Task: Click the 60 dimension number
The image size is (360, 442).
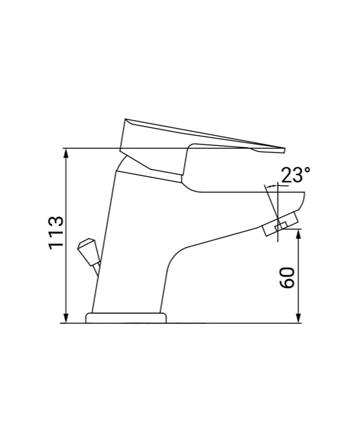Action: [287, 278]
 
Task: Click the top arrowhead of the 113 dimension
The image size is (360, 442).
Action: [66, 152]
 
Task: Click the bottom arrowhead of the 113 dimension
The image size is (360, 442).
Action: [66, 319]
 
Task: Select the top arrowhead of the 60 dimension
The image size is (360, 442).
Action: [299, 233]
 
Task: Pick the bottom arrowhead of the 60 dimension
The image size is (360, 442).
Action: [299, 319]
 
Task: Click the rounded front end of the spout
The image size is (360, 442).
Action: [303, 201]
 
